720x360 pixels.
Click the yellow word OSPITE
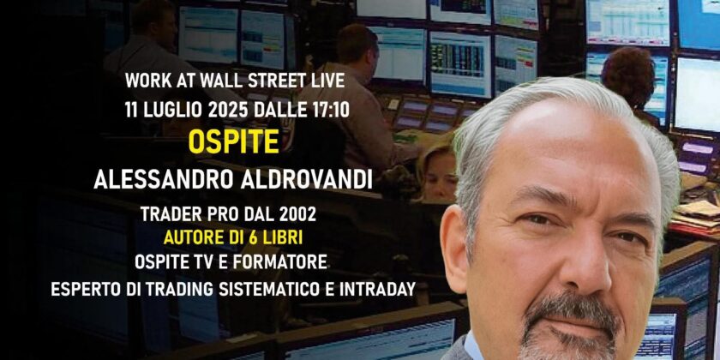click(x=234, y=143)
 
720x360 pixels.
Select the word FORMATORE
click(x=279, y=262)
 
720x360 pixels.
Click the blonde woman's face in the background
click(x=439, y=176)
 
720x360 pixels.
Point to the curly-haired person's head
click(x=628, y=75)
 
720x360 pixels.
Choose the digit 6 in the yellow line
click(x=250, y=238)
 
